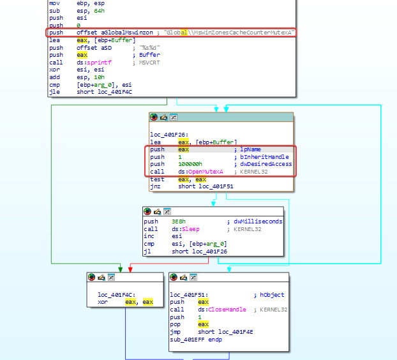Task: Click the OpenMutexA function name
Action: click(206, 172)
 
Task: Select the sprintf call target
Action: click(100, 63)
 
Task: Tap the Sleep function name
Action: click(191, 229)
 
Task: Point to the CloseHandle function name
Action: click(227, 310)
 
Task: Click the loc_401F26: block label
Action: click(169, 135)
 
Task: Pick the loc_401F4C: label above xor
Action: click(117, 295)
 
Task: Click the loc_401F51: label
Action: click(189, 295)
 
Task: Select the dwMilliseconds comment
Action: click(258, 221)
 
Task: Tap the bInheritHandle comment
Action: click(265, 157)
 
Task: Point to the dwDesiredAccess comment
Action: click(266, 164)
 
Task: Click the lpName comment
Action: click(250, 149)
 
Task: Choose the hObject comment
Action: click(272, 295)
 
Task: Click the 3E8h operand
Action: click(179, 221)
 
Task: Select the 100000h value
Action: click(190, 164)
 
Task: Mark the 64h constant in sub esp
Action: click(100, 11)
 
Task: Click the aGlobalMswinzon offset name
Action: click(127, 33)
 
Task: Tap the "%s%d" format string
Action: click(149, 48)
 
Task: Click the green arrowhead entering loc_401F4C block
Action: click(121, 269)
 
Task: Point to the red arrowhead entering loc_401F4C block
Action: click(130, 269)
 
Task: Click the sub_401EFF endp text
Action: click(196, 340)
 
